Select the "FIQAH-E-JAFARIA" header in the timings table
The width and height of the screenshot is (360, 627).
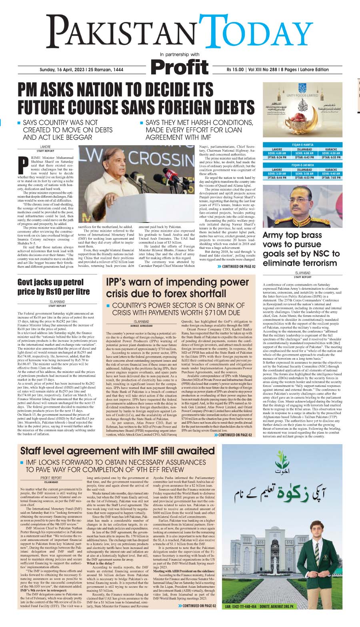tap(302, 165)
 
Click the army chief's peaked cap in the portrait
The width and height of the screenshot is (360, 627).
tap(303, 194)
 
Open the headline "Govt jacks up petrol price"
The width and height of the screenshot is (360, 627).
tap(54, 287)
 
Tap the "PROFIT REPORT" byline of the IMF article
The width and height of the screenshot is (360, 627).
tap(51, 478)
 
